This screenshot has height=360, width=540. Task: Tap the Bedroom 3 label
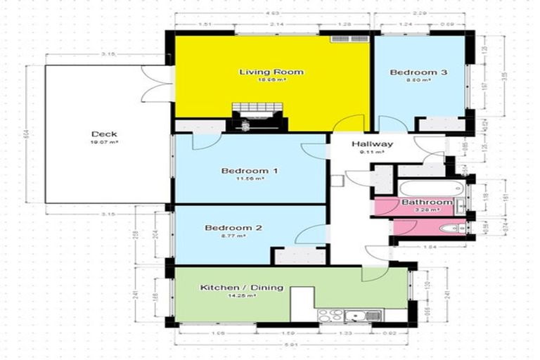(418, 72)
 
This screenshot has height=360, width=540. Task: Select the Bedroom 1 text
(250, 171)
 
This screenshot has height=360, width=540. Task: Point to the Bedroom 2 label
(233, 228)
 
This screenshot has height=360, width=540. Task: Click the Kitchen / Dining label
(241, 287)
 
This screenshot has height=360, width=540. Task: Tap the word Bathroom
(426, 202)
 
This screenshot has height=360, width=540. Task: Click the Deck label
(103, 134)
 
